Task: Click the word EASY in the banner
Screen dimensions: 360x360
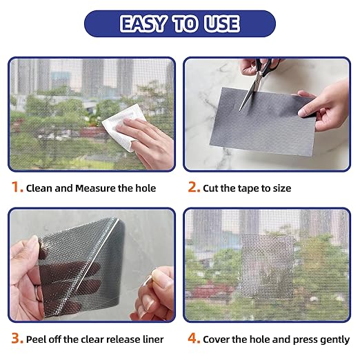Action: (143, 23)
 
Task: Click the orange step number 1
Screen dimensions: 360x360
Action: (17, 187)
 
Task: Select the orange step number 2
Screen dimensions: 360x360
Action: (194, 187)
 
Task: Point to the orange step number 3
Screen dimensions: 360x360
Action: (17, 338)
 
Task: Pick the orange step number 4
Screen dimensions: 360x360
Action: (194, 338)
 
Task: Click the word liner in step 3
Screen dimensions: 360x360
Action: (153, 339)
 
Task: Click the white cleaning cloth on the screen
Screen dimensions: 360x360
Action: (122, 127)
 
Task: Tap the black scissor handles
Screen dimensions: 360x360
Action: (267, 65)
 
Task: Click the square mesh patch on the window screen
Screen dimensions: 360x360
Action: (268, 266)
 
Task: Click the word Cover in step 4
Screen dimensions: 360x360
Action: (216, 339)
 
